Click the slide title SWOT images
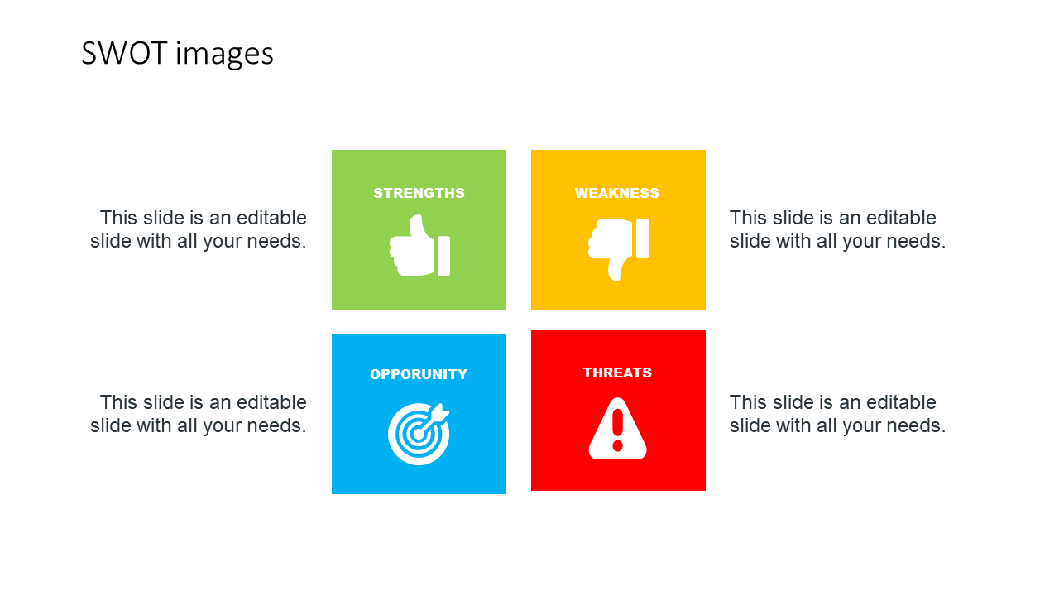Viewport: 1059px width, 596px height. tap(177, 54)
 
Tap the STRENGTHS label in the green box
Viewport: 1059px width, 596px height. tap(419, 193)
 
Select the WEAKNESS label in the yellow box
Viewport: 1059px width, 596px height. tap(616, 193)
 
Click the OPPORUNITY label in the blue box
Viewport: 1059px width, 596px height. tap(419, 374)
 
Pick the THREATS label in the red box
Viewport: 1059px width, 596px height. tap(617, 372)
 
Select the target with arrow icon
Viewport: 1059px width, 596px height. tap(419, 433)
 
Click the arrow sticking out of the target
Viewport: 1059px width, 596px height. tap(439, 412)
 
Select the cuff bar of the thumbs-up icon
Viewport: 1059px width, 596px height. tap(444, 255)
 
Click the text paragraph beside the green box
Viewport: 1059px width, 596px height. tap(199, 229)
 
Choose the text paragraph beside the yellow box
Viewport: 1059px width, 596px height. tap(837, 229)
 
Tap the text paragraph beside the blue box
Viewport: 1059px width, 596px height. tap(199, 414)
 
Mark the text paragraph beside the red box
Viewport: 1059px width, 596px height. tap(837, 414)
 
